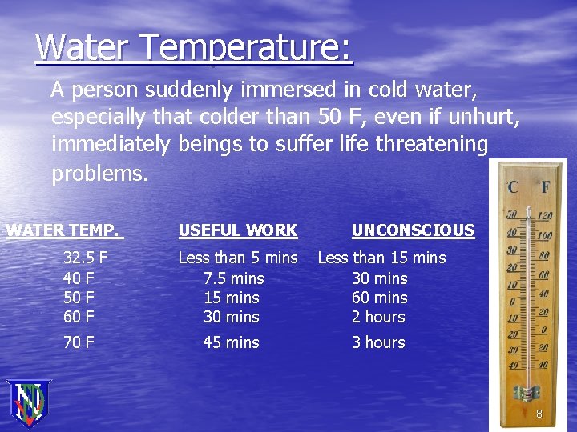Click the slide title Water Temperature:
pos(193,48)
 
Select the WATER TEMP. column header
pos(63,231)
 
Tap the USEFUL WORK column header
pos(237,231)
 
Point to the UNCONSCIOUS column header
pos(413,231)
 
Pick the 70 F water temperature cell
pos(79,342)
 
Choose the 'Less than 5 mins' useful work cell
pos(237,258)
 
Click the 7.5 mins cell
pos(233,278)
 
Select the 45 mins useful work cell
pos(231,342)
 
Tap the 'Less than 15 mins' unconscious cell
pos(381,258)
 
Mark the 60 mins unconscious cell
pos(379,298)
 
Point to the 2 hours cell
pos(378,317)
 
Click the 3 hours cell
pos(378,342)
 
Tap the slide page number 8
pos(539,414)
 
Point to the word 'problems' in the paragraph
pos(98,174)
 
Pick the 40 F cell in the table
pos(79,278)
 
